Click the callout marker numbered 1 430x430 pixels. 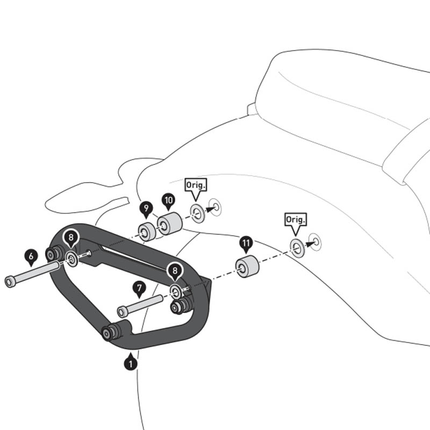pyautogui.click(x=130, y=363)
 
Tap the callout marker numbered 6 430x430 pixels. pyautogui.click(x=31, y=257)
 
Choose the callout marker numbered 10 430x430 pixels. pyautogui.click(x=168, y=201)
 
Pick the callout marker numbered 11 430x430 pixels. pyautogui.click(x=246, y=243)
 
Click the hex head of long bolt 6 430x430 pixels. pyautogui.click(x=10, y=282)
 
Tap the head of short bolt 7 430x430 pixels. pyautogui.click(x=123, y=311)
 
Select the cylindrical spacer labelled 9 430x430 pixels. pyautogui.click(x=146, y=232)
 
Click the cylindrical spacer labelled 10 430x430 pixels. pyautogui.click(x=169, y=223)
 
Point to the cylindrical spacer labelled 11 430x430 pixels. pyautogui.click(x=247, y=267)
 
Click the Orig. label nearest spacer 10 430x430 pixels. pyautogui.click(x=195, y=185)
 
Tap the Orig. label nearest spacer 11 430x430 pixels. pyautogui.click(x=295, y=219)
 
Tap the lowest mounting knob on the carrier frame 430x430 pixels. pyautogui.click(x=109, y=333)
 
